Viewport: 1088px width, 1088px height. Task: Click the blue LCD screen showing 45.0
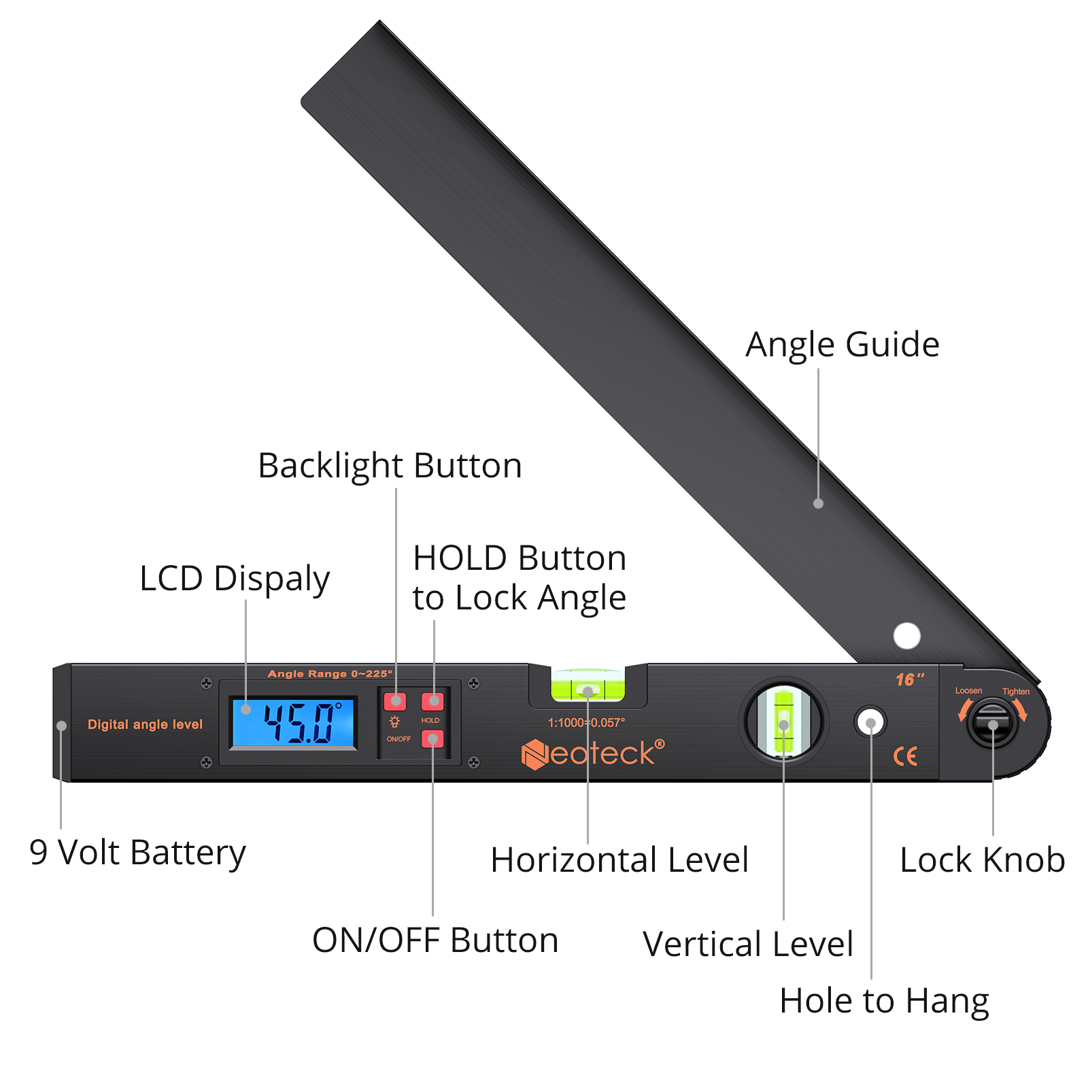pyautogui.click(x=294, y=724)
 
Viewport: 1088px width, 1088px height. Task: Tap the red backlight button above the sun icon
pyautogui.click(x=395, y=701)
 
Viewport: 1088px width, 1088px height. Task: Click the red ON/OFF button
pyautogui.click(x=432, y=738)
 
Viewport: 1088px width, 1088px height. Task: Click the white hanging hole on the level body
pyautogui.click(x=870, y=722)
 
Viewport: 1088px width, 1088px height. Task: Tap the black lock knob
pyautogui.click(x=993, y=725)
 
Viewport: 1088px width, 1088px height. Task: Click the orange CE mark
pyautogui.click(x=905, y=756)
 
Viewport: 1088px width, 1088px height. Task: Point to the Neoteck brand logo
pyautogui.click(x=592, y=753)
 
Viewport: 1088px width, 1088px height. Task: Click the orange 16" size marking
pyautogui.click(x=910, y=679)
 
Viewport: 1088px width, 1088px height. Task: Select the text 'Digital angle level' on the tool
pyautogui.click(x=145, y=725)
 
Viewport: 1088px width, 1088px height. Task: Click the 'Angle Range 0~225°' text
pyautogui.click(x=330, y=674)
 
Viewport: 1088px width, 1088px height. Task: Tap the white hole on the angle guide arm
pyautogui.click(x=906, y=636)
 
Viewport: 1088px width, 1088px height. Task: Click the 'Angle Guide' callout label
pyautogui.click(x=843, y=345)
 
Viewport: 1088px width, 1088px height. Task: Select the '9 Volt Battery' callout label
pyautogui.click(x=137, y=853)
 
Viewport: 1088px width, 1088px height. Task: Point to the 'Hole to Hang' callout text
pyautogui.click(x=884, y=1002)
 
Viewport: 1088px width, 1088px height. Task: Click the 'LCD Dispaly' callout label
pyautogui.click(x=235, y=579)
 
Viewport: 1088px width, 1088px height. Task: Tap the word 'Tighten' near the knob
pyautogui.click(x=1015, y=692)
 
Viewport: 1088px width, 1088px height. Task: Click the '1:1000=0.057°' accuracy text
pyautogui.click(x=586, y=723)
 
